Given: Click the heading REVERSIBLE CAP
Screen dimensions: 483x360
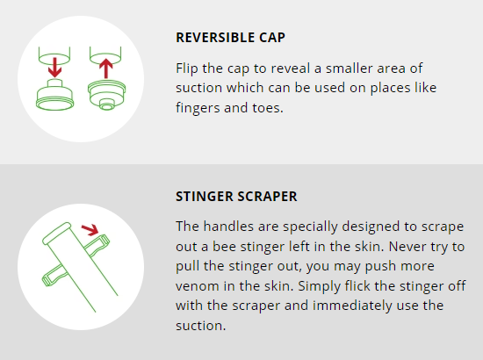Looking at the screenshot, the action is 230,38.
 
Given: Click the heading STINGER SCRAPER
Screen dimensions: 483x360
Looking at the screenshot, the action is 236,197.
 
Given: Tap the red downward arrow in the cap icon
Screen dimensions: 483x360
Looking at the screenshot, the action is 54,67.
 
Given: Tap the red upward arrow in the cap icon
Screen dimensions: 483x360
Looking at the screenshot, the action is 106,68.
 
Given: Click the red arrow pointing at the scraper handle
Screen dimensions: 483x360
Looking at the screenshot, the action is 90,230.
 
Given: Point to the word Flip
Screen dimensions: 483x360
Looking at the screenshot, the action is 187,68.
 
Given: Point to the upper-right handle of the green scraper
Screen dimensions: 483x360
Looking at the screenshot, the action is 97,245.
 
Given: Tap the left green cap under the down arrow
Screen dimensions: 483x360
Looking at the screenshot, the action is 54,96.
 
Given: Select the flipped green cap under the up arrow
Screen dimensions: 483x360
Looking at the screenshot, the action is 106,94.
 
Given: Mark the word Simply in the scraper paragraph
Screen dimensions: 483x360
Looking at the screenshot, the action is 319,287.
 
